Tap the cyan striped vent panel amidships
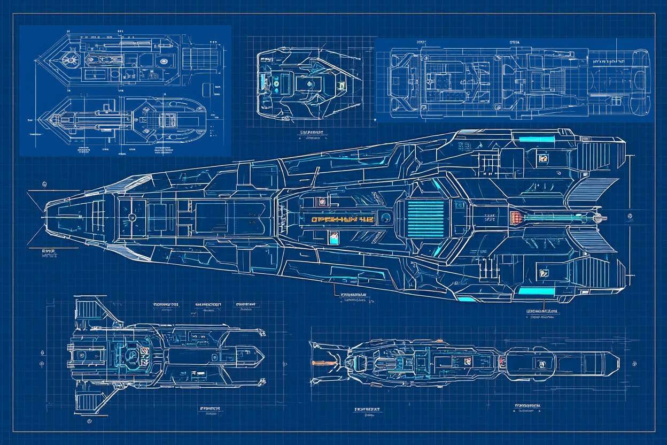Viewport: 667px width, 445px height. click(425, 216)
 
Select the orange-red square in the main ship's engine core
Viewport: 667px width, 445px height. click(516, 218)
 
